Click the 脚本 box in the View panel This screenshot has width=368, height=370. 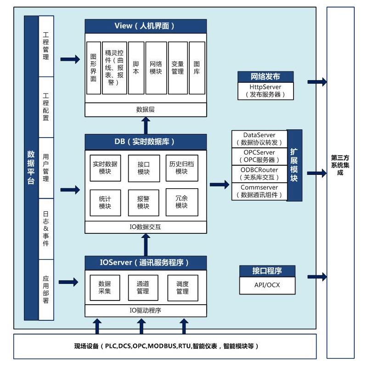tap(136, 68)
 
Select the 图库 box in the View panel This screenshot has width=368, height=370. tap(197, 68)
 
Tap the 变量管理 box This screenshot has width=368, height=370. tap(178, 68)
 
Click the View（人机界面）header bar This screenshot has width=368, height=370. tap(146, 26)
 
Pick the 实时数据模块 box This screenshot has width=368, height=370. tap(105, 167)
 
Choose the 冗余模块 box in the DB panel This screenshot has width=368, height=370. tap(181, 202)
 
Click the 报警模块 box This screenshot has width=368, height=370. tap(143, 202)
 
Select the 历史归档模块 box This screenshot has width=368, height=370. tap(181, 167)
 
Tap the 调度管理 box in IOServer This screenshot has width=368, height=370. tap(182, 287)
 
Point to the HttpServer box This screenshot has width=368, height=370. tap(266, 91)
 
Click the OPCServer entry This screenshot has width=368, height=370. tap(259, 156)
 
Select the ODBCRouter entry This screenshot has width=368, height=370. tap(259, 173)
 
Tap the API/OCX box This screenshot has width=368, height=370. tap(267, 285)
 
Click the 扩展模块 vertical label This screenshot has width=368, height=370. tap(294, 165)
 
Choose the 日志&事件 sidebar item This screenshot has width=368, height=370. tap(46, 228)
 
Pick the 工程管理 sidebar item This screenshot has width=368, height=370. tap(46, 46)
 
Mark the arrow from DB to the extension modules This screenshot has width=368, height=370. tap(220, 185)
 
